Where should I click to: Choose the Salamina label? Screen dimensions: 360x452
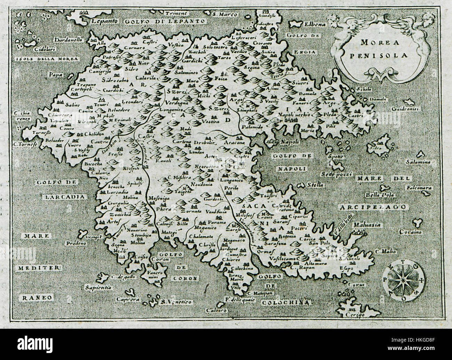click(x=419, y=162)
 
